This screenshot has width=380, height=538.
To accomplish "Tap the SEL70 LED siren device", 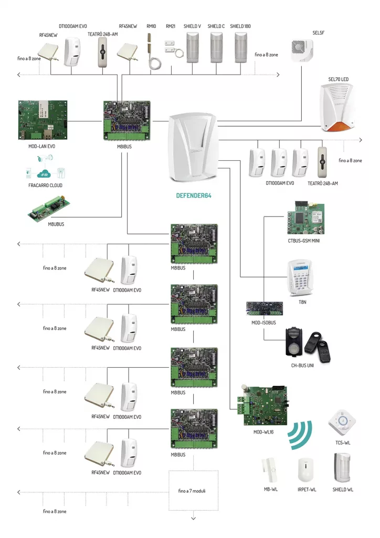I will point(336,111).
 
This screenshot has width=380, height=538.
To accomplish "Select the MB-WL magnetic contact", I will point(271,469).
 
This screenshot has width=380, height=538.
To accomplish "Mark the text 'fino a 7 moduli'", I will point(193,491).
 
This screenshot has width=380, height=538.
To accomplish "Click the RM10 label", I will point(151,25).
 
